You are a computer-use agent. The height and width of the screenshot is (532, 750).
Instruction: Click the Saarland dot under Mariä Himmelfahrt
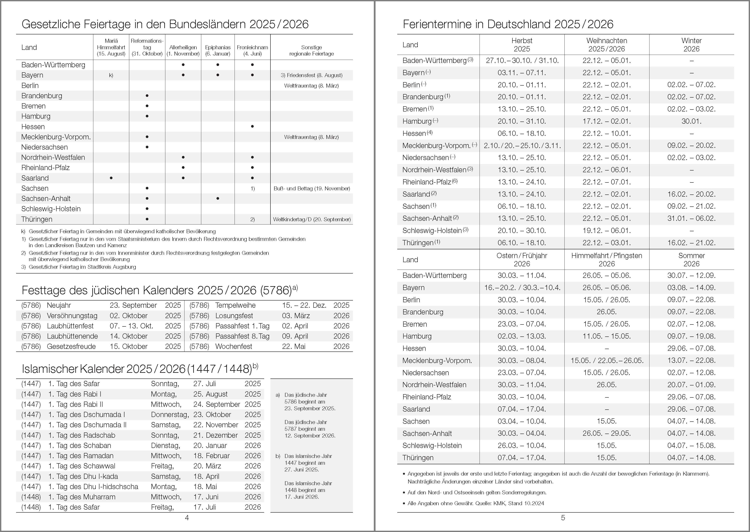click(111, 178)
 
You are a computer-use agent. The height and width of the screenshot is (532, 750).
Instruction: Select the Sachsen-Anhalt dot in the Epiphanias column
click(218, 199)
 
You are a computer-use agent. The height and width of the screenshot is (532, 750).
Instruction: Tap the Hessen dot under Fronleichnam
click(252, 127)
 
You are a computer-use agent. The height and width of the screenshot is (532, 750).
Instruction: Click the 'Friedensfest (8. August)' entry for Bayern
click(312, 75)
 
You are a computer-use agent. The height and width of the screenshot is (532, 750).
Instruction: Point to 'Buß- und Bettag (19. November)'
click(312, 188)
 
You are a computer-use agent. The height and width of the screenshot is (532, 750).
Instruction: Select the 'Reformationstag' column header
click(147, 47)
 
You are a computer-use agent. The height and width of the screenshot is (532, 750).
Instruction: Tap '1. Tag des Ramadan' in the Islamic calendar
click(81, 456)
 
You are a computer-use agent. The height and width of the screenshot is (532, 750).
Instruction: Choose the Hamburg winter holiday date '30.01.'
click(691, 121)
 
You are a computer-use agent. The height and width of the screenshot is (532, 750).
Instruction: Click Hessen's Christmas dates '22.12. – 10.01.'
click(606, 133)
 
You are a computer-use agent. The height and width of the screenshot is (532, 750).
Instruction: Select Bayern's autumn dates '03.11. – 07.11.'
click(522, 73)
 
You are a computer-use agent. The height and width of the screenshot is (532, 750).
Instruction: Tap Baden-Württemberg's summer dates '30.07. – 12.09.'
click(691, 275)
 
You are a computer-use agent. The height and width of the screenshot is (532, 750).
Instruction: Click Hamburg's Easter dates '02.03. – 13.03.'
click(522, 336)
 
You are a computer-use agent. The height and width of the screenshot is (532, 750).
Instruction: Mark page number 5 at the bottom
click(563, 518)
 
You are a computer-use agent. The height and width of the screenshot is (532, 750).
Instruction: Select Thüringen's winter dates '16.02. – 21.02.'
click(691, 243)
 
